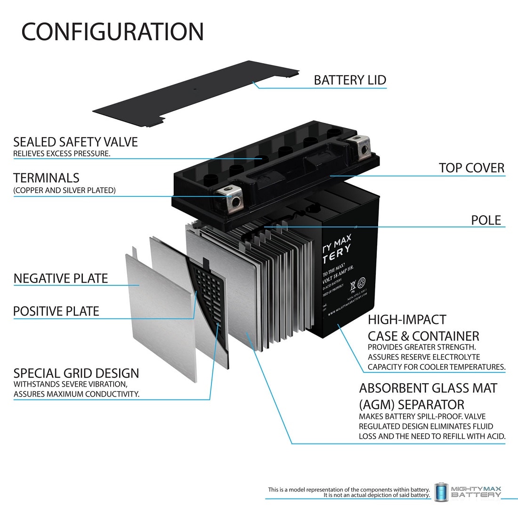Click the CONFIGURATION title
click(113, 32)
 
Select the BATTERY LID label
click(350, 80)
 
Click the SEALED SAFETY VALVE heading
click(75, 142)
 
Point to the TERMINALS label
click(46, 178)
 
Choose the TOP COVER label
click(471, 168)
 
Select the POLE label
click(486, 220)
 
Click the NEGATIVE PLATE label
click(61, 278)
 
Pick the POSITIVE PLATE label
click(56, 311)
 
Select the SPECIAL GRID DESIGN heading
click(76, 373)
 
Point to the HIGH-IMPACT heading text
click(406, 320)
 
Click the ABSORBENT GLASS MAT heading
click(428, 388)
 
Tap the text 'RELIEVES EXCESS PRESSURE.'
click(62, 154)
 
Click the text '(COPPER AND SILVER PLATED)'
click(65, 190)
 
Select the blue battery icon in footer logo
click(440, 491)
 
